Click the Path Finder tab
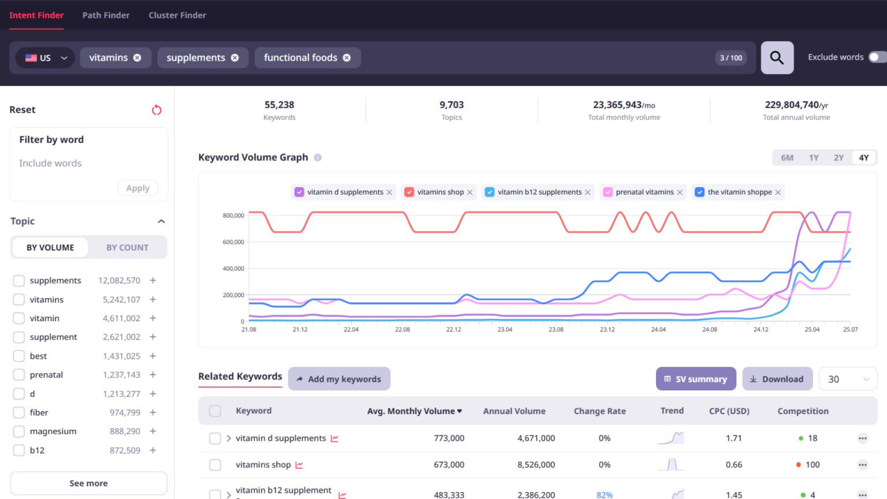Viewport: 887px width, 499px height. pos(106,16)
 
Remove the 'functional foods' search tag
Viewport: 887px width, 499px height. pos(346,58)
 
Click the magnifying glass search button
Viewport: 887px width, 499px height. pos(777,58)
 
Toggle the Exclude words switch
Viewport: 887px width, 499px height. pos(877,57)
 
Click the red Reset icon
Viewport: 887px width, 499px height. pos(156,110)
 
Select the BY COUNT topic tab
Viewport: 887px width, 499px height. pos(127,248)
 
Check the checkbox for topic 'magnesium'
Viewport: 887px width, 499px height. pos(19,431)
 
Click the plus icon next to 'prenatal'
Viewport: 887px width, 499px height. pos(153,375)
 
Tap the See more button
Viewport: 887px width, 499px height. pos(88,483)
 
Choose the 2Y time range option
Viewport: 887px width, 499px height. pos(838,158)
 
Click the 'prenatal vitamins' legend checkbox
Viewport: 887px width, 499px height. pos(608,192)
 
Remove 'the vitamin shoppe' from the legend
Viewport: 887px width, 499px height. pos(778,192)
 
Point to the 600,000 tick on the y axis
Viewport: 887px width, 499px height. pos(233,242)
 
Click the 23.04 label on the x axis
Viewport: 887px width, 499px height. pos(505,329)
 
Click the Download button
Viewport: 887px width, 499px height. pos(777,379)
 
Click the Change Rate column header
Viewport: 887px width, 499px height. pos(599,411)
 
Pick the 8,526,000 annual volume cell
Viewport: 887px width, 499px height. pos(536,465)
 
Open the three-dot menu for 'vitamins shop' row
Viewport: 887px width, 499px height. pos(862,465)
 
